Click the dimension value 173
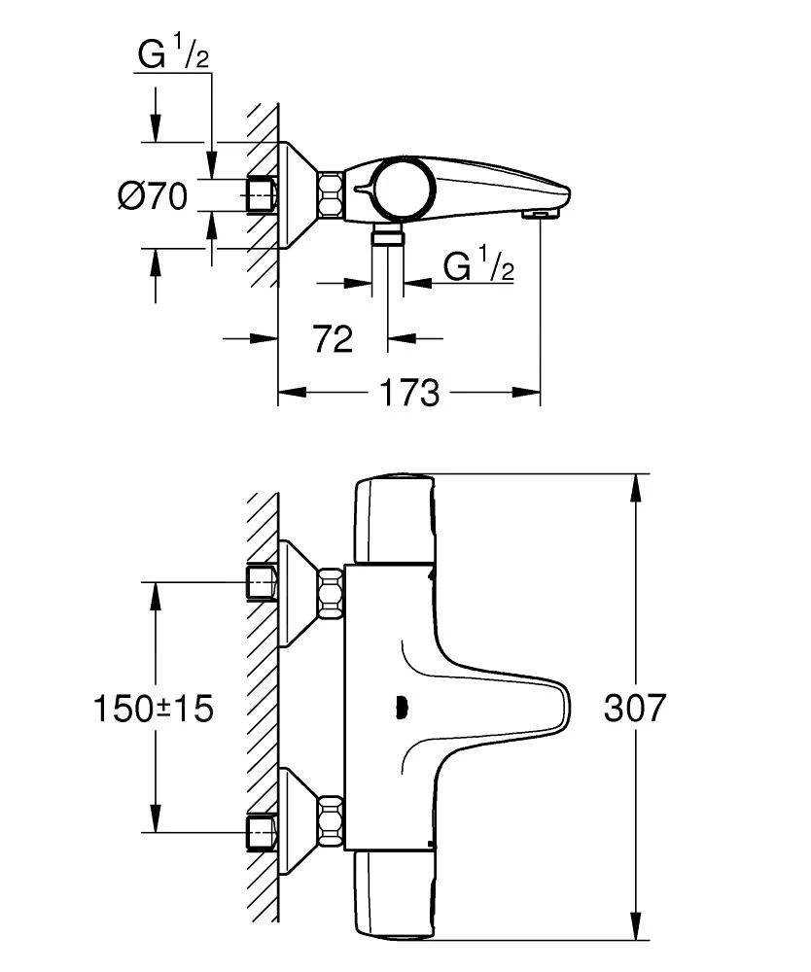click(409, 394)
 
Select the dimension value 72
click(333, 339)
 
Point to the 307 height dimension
click(636, 709)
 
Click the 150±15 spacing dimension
click(154, 709)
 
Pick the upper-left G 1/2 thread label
click(174, 54)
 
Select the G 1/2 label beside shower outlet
click(477, 265)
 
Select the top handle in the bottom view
click(394, 520)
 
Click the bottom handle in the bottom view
click(394, 899)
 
